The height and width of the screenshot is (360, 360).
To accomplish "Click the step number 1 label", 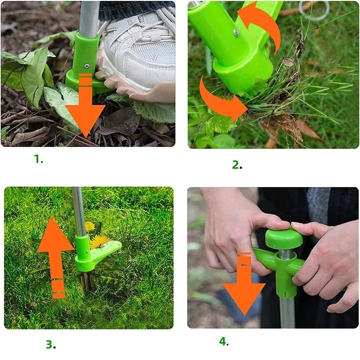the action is (x=38, y=159).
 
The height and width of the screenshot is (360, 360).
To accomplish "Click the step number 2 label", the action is (x=237, y=165).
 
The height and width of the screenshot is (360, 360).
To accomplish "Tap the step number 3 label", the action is (x=51, y=344).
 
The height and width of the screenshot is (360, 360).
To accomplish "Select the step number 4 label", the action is (x=224, y=342).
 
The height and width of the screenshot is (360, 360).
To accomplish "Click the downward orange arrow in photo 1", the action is (x=85, y=105).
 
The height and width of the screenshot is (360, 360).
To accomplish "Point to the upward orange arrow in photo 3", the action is (x=55, y=257).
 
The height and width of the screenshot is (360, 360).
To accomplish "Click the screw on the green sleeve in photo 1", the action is (x=87, y=66).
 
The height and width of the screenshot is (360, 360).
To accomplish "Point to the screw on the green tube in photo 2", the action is (x=236, y=33).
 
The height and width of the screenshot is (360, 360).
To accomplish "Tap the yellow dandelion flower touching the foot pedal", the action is (x=100, y=242).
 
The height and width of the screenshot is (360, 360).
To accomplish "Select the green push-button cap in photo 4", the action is (x=284, y=238).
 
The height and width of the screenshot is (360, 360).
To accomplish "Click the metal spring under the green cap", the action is (x=286, y=253).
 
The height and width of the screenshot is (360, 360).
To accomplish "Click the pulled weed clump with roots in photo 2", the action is (x=287, y=103).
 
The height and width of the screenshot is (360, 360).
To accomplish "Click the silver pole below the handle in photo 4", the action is (x=287, y=312).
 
